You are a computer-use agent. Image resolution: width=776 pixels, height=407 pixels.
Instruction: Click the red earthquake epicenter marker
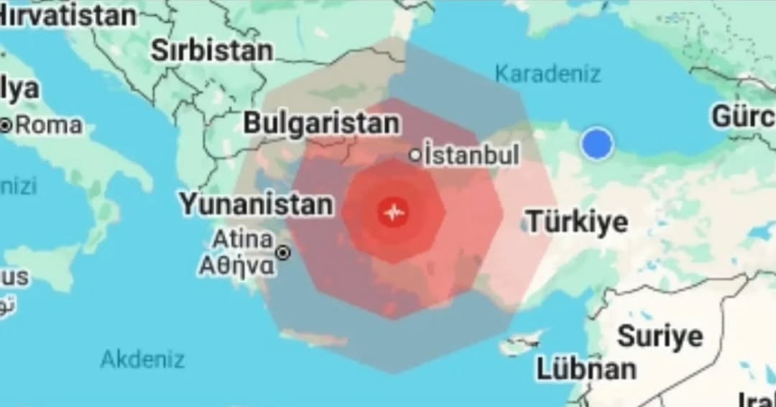coord(393,212)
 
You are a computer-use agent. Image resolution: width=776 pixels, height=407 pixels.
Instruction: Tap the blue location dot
coord(596,144)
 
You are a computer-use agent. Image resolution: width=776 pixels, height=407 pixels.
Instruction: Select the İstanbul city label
coord(471,155)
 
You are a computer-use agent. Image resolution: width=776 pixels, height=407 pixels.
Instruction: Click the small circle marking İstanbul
coord(415,155)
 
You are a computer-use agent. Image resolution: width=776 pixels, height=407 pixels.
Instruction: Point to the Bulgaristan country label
coord(320,123)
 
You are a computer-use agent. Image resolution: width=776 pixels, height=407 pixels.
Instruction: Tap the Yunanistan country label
coord(256,205)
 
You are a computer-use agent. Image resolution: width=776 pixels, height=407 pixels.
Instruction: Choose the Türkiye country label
coord(577,221)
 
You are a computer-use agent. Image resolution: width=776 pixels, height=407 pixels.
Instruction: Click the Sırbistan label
coord(211,50)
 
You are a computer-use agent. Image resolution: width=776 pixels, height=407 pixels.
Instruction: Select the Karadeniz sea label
coord(548,73)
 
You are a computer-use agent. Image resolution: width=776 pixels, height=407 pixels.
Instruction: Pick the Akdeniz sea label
coord(142,359)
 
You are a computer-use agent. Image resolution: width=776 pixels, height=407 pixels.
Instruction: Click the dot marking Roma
coord(6,126)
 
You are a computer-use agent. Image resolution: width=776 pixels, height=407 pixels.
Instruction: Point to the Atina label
coord(243,239)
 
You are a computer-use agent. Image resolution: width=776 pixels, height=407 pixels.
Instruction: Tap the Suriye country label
coord(660,336)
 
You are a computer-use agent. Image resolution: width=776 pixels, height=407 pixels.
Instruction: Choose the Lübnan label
coord(586,369)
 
